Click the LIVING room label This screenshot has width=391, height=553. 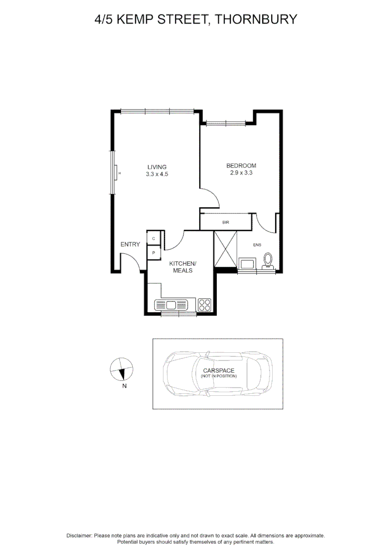pyautogui.click(x=157, y=167)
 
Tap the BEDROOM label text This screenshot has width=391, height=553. pyautogui.click(x=241, y=165)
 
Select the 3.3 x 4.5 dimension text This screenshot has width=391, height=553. pyautogui.click(x=157, y=174)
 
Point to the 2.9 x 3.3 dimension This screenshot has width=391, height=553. pyautogui.click(x=241, y=173)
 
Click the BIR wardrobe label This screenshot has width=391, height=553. pyautogui.click(x=225, y=222)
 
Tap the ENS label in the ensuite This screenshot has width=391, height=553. pyautogui.click(x=257, y=245)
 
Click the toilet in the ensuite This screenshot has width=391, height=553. pyautogui.click(x=267, y=261)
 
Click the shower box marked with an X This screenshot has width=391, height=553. pyautogui.click(x=225, y=249)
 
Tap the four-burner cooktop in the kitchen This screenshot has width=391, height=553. pyautogui.click(x=204, y=305)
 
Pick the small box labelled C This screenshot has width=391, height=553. pyautogui.click(x=154, y=239)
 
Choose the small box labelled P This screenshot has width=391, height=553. pyautogui.click(x=154, y=253)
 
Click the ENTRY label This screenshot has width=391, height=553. pyautogui.click(x=130, y=244)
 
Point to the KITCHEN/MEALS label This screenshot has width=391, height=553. pyautogui.click(x=183, y=267)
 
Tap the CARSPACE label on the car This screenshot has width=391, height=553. pyautogui.click(x=218, y=370)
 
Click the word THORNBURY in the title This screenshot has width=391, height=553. pyautogui.click(x=256, y=19)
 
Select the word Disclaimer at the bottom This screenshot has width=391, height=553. pyautogui.click(x=79, y=535)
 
